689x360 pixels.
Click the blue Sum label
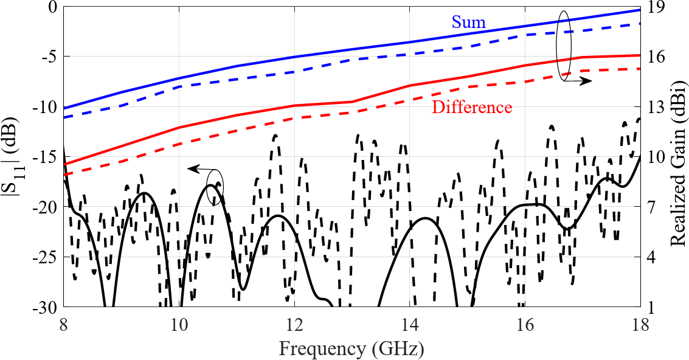(468, 23)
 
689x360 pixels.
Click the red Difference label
(472, 108)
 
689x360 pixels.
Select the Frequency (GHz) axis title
(351, 349)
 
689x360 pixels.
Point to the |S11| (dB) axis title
(13, 156)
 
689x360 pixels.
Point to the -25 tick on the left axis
(46, 257)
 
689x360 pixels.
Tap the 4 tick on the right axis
(653, 257)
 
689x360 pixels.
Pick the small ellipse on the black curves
(215, 189)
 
